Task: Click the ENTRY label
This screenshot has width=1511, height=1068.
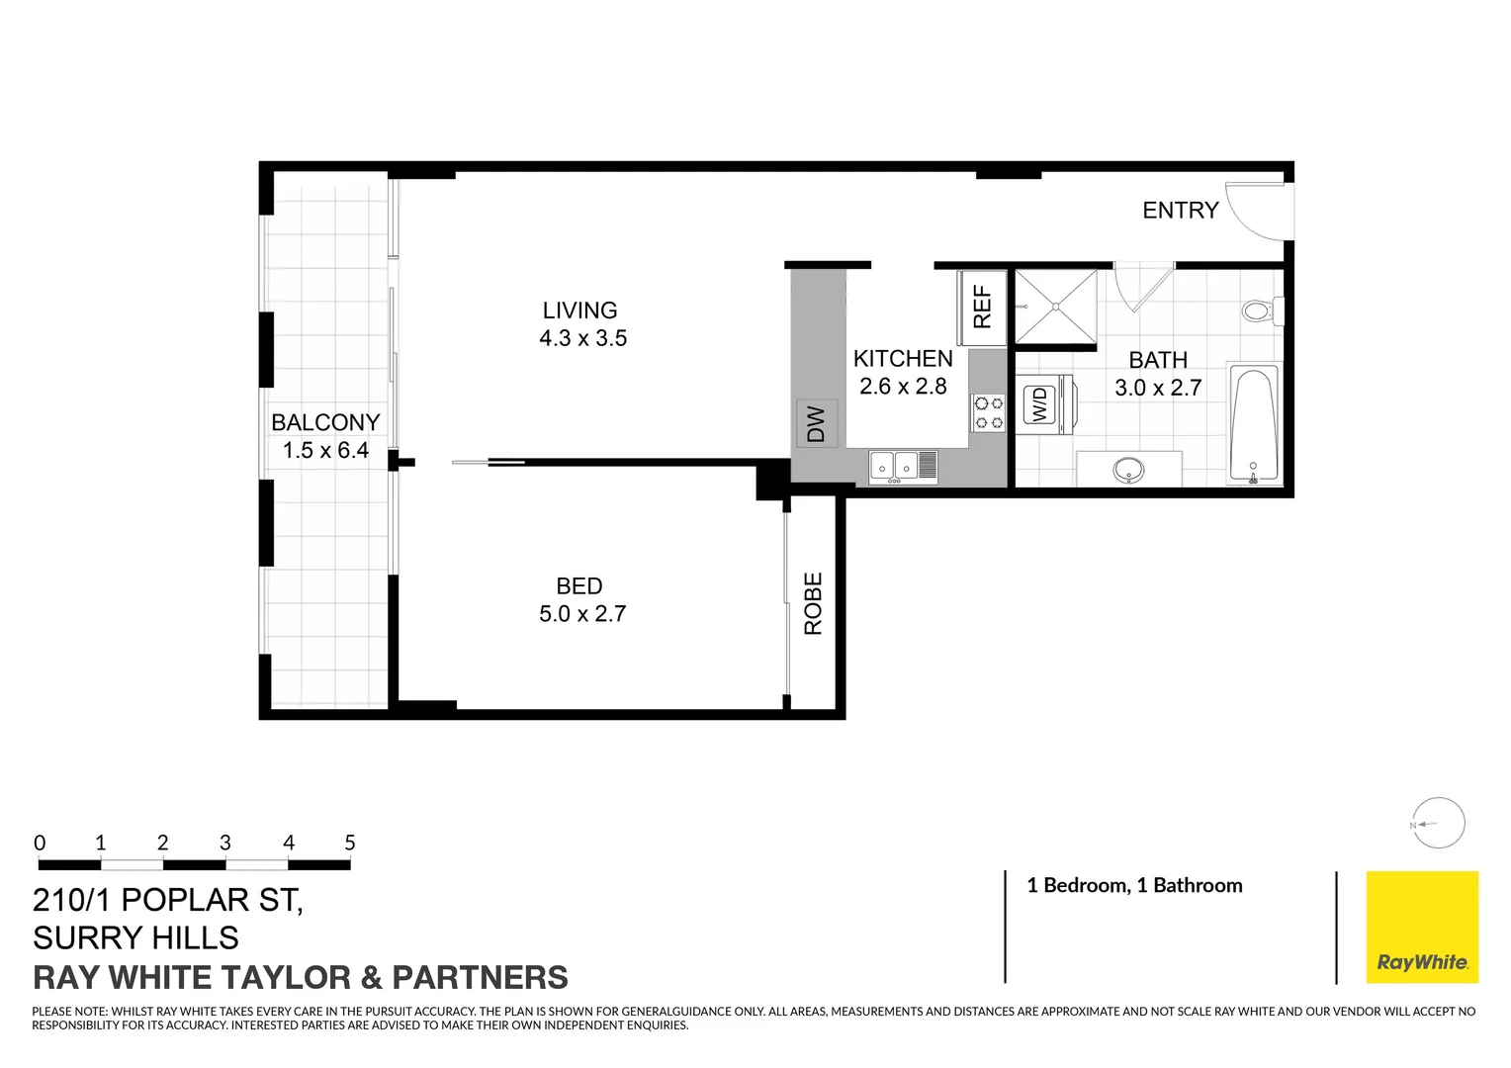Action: click(1180, 211)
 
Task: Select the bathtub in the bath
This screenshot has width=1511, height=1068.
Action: click(1253, 425)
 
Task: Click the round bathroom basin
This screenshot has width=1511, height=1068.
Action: click(1128, 470)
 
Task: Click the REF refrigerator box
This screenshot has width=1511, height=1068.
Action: click(982, 308)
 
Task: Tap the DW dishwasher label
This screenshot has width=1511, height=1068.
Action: click(816, 424)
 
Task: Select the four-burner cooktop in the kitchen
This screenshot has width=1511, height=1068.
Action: click(987, 412)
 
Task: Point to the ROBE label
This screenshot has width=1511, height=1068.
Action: click(814, 603)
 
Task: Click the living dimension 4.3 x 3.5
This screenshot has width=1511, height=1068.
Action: click(582, 338)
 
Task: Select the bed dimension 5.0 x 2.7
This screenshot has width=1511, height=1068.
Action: click(582, 614)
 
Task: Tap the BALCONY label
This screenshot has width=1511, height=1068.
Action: click(325, 422)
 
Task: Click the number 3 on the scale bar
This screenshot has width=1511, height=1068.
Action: click(225, 843)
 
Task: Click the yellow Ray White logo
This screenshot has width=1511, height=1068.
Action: click(1422, 927)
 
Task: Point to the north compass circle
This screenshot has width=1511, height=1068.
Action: click(1438, 823)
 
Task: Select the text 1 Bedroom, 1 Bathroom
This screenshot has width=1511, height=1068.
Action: click(1134, 886)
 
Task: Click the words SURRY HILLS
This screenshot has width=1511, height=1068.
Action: click(136, 937)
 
